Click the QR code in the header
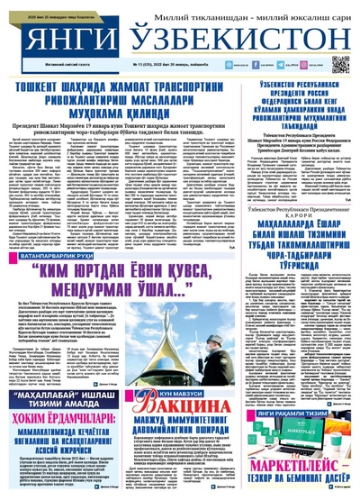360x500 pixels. [340, 64]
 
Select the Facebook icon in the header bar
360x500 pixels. [213, 66]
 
